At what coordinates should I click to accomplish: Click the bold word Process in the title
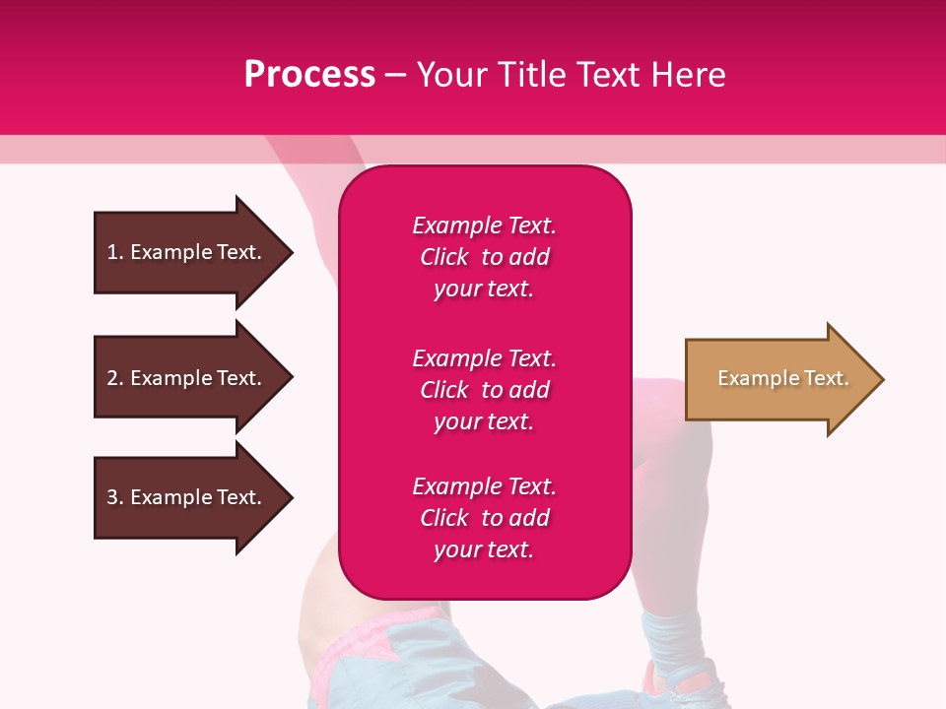309,74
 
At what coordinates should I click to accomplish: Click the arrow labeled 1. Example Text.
187,252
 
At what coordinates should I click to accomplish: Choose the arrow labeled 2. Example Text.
187,378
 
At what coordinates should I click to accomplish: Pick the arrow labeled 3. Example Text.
187,497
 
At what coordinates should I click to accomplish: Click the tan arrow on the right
778,379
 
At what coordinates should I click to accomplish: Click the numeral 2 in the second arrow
112,378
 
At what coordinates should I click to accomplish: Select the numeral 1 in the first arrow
112,252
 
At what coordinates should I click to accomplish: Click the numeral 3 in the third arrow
112,497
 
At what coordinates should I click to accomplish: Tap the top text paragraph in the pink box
484,257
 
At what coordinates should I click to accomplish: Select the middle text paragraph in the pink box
484,390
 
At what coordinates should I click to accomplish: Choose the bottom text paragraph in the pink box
484,518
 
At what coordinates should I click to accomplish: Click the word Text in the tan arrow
826,378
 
